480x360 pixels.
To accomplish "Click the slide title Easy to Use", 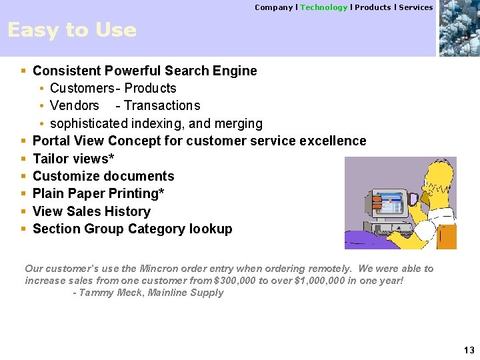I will pyautogui.click(x=71, y=30).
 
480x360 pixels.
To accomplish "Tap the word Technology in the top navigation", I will pyautogui.click(x=323, y=7).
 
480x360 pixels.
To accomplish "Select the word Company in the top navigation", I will pyautogui.click(x=273, y=7).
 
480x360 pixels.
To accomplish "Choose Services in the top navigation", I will pyautogui.click(x=416, y=7).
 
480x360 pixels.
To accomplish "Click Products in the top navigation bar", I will pyautogui.click(x=373, y=7).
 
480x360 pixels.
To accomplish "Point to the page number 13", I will pyautogui.click(x=469, y=351).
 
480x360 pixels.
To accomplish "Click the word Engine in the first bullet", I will pyautogui.click(x=237, y=71).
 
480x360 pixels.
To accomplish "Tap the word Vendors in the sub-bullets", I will pyautogui.click(x=74, y=105).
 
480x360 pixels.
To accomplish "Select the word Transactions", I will pyautogui.click(x=162, y=105).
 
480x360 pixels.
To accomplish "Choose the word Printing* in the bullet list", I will pyautogui.click(x=139, y=193).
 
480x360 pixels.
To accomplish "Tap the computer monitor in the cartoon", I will pyautogui.click(x=388, y=207).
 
